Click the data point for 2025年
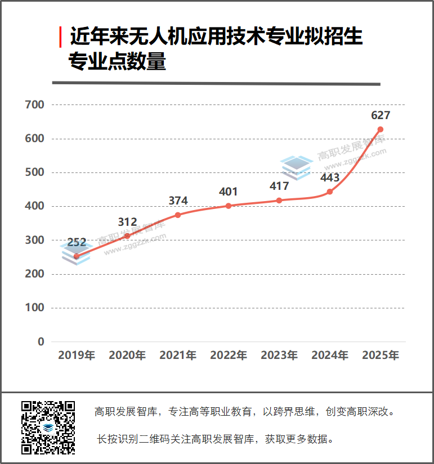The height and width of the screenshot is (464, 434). tap(381, 129)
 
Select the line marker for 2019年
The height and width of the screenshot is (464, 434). tap(77, 256)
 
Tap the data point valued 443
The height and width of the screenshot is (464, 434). tap(330, 192)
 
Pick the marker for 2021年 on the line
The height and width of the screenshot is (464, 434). tap(178, 215)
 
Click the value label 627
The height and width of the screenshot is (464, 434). tap(381, 115)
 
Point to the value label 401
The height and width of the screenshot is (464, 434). tap(229, 192)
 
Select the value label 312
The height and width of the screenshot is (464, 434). tap(127, 222)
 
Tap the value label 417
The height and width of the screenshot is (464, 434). tap(279, 186)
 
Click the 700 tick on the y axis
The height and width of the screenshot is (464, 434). tap(35, 105)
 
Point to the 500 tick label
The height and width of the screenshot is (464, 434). tap(35, 172)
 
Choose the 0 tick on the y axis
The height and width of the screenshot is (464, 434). tap(41, 342)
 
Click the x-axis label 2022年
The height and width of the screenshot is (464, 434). tap(229, 355)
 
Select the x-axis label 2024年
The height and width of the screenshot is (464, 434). tap(330, 355)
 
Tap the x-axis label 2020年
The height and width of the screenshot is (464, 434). tap(127, 355)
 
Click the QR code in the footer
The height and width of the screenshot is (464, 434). tap(48, 427)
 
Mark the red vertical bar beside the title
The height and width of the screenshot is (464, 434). tap(60, 37)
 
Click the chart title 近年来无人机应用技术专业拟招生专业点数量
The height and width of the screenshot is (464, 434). tap(214, 49)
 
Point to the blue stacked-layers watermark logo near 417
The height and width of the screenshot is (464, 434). tap(297, 167)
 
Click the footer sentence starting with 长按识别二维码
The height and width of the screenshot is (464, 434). tap(216, 439)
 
